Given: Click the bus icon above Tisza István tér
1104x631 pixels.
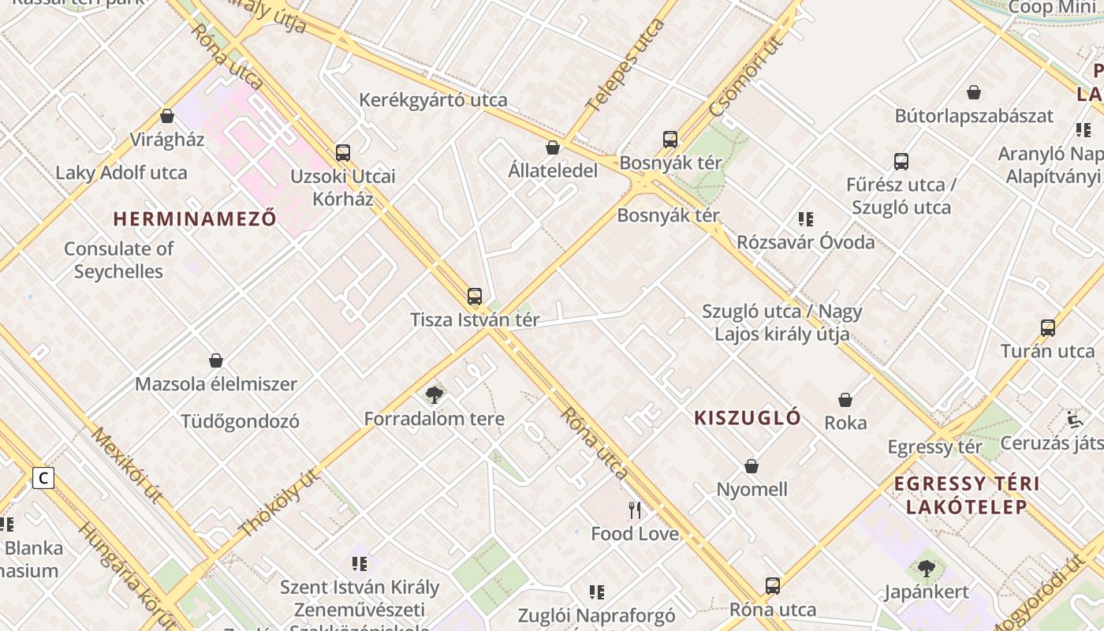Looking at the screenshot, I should click(x=474, y=297).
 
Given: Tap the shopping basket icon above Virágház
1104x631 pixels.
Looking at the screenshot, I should click(x=167, y=117).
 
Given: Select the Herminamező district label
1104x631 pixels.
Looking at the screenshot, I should click(x=195, y=218).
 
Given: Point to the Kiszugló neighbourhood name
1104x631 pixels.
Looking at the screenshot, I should click(x=748, y=418).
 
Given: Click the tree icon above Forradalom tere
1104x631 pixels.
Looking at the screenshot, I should click(x=434, y=394).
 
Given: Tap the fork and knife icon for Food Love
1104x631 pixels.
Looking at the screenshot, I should click(x=635, y=510).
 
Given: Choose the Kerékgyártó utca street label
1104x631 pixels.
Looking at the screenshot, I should click(x=433, y=100).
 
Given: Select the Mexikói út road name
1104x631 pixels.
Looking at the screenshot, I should click(x=126, y=465).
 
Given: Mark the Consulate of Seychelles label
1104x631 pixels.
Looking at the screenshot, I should click(x=118, y=260).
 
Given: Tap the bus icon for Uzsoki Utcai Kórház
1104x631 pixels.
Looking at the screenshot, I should click(x=342, y=152).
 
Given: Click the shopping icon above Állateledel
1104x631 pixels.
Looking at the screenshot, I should click(x=553, y=147).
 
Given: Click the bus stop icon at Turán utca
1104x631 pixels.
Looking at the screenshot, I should click(x=1047, y=328).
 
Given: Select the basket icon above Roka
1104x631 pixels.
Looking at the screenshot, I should click(x=845, y=400).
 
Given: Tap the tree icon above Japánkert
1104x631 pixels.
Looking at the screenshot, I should click(x=926, y=568).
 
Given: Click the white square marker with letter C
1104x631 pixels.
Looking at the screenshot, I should click(x=43, y=477).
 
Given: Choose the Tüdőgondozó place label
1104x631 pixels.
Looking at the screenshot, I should click(x=241, y=421).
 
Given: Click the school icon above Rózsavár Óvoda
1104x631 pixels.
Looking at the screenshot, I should click(x=805, y=219).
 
